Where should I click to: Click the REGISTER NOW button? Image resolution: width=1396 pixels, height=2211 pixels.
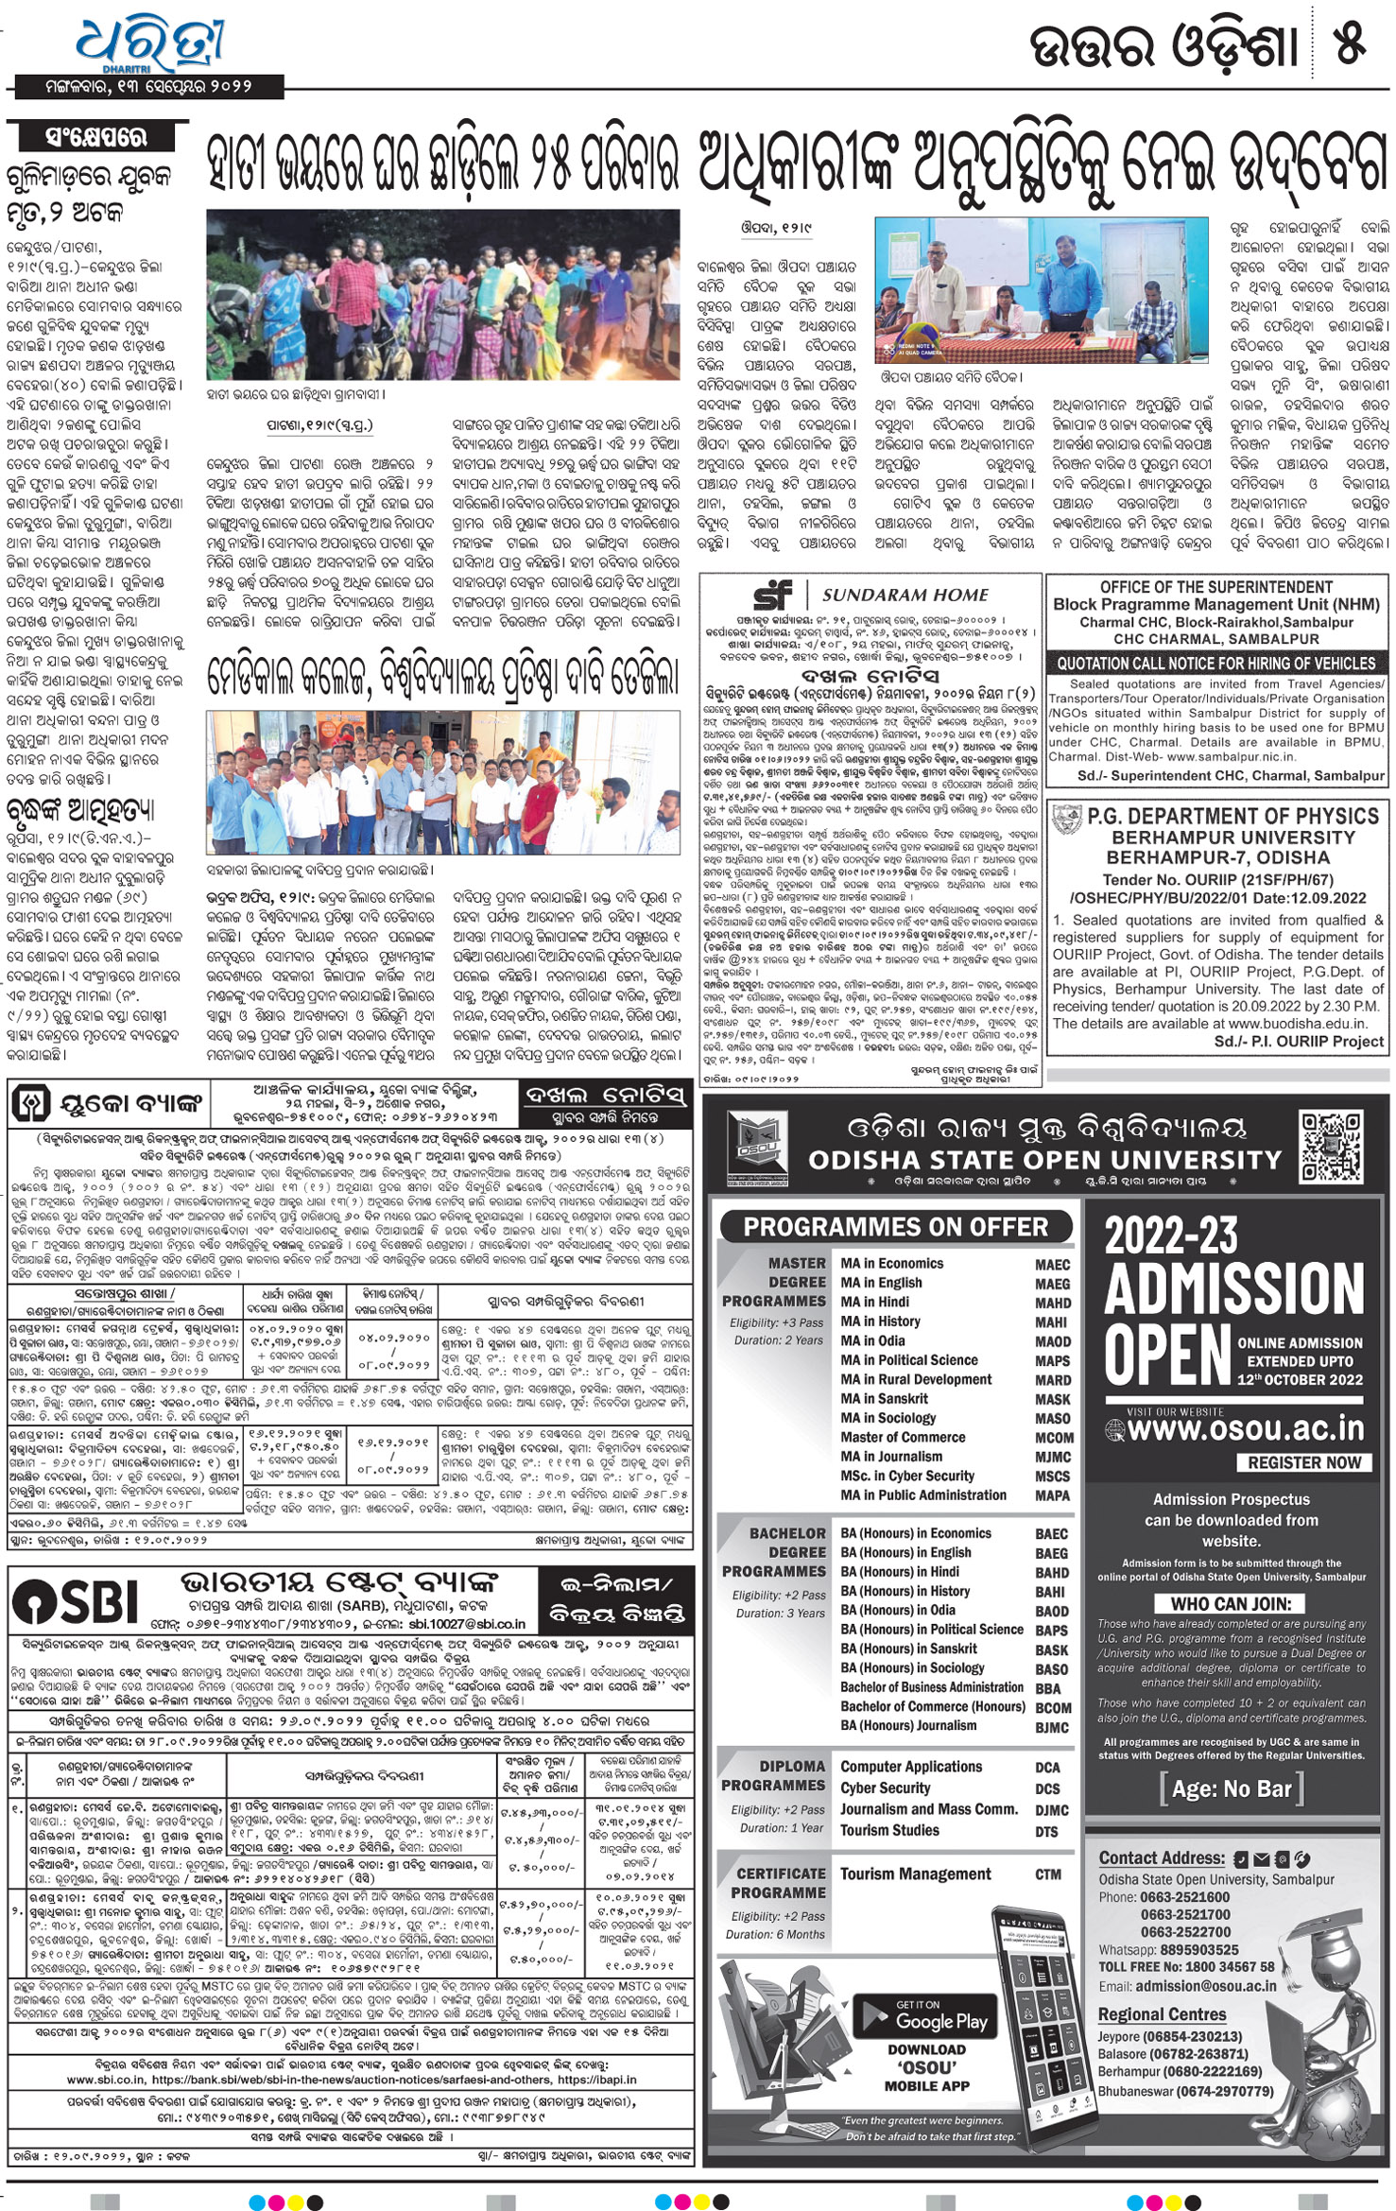pyautogui.click(x=1303, y=1462)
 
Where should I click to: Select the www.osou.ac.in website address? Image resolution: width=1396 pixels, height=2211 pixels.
pyautogui.click(x=1246, y=1428)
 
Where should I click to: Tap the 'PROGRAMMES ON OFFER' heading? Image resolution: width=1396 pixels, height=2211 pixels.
pyautogui.click(x=895, y=1228)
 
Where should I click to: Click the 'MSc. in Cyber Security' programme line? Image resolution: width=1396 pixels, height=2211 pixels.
pyautogui.click(x=906, y=1476)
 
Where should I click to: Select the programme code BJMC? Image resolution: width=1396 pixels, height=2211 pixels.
pyautogui.click(x=1052, y=1727)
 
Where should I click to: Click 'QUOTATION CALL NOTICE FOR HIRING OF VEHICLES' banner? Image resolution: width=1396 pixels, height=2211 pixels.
pyautogui.click(x=1215, y=664)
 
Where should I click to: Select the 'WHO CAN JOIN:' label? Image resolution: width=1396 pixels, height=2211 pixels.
pyautogui.click(x=1231, y=1603)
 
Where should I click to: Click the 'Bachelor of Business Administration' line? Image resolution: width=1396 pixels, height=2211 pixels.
pyautogui.click(x=932, y=1687)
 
